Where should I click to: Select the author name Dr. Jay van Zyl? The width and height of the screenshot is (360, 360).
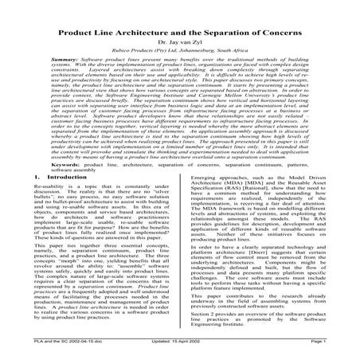tap(179, 23)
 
